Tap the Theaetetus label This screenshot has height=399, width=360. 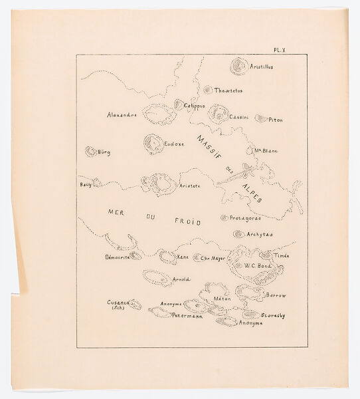coord(228,90)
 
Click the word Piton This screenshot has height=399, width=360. coord(276,120)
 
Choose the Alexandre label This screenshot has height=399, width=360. coord(122,114)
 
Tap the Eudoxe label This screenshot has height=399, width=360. coord(174,142)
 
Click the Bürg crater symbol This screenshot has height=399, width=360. coord(90,152)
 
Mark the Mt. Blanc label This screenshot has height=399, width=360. coord(266,150)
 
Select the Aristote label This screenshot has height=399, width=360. coord(190,186)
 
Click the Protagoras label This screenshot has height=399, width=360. coord(246,218)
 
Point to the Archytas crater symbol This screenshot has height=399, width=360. coord(238,234)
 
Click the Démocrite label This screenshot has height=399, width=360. coord(116,256)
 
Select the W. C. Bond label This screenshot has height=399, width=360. coord(256,266)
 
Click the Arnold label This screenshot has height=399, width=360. coord(181,279)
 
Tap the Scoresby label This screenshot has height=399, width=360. coord(273,315)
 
